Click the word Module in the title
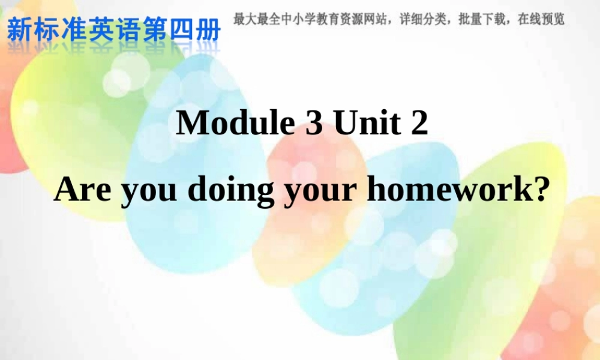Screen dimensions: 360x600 point(236,123)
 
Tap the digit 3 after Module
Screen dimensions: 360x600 point(314,123)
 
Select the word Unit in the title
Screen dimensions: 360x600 point(367,123)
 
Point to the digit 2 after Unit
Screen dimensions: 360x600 point(419,123)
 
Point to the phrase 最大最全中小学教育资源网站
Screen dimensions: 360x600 point(311,19)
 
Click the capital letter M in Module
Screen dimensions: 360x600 point(191,123)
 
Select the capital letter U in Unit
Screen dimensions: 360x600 point(347,123)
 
